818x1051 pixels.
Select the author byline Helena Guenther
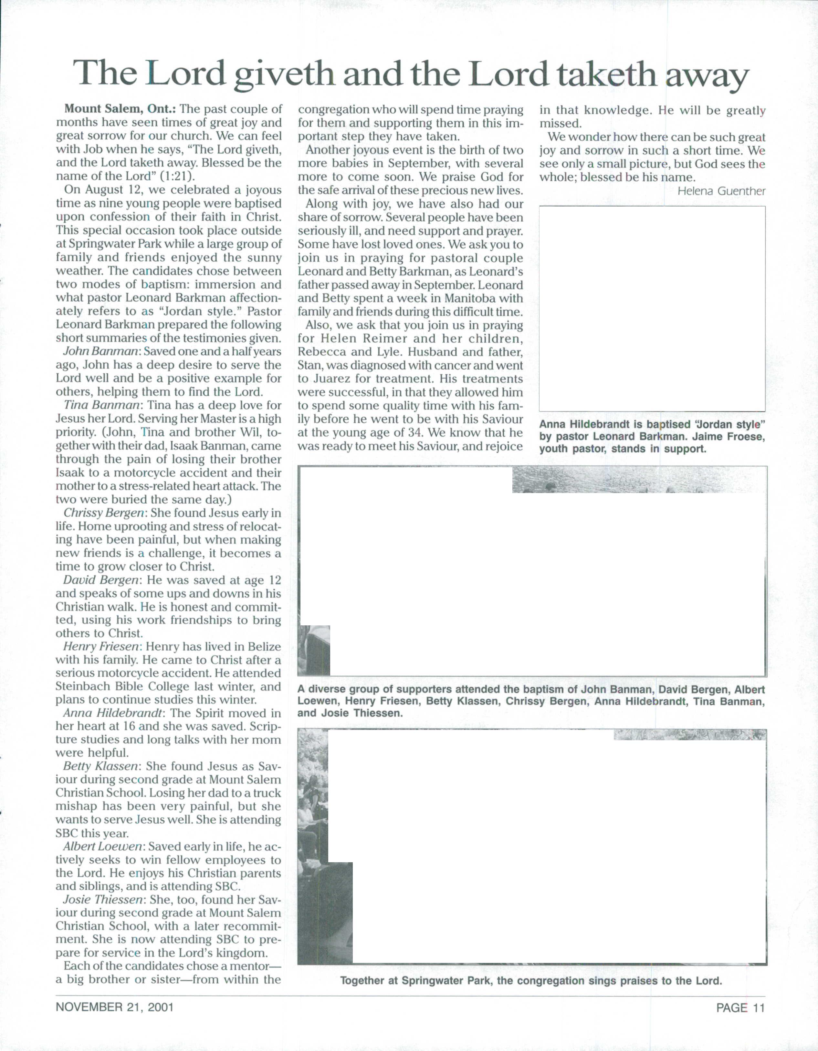(x=721, y=191)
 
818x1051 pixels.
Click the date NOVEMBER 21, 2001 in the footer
(x=115, y=1007)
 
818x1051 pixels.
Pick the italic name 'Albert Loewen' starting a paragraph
(x=103, y=846)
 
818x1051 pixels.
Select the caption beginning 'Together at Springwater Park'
(x=531, y=980)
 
